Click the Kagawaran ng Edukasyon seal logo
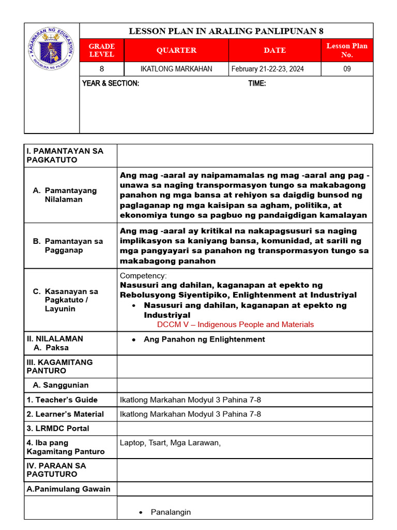(x=51, y=50)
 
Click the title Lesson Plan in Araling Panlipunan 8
(x=226, y=31)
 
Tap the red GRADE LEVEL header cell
(x=101, y=50)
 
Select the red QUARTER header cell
(x=176, y=50)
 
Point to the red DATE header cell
(x=274, y=50)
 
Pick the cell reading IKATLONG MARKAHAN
(x=176, y=69)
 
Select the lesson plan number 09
(x=347, y=69)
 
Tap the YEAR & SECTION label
(x=111, y=83)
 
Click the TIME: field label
(x=257, y=83)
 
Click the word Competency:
(x=143, y=276)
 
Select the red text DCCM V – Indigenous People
(x=235, y=325)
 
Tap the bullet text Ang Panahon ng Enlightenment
(x=204, y=340)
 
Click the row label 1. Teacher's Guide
(x=62, y=400)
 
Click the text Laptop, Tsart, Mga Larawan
(x=170, y=443)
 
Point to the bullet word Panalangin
(x=171, y=512)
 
